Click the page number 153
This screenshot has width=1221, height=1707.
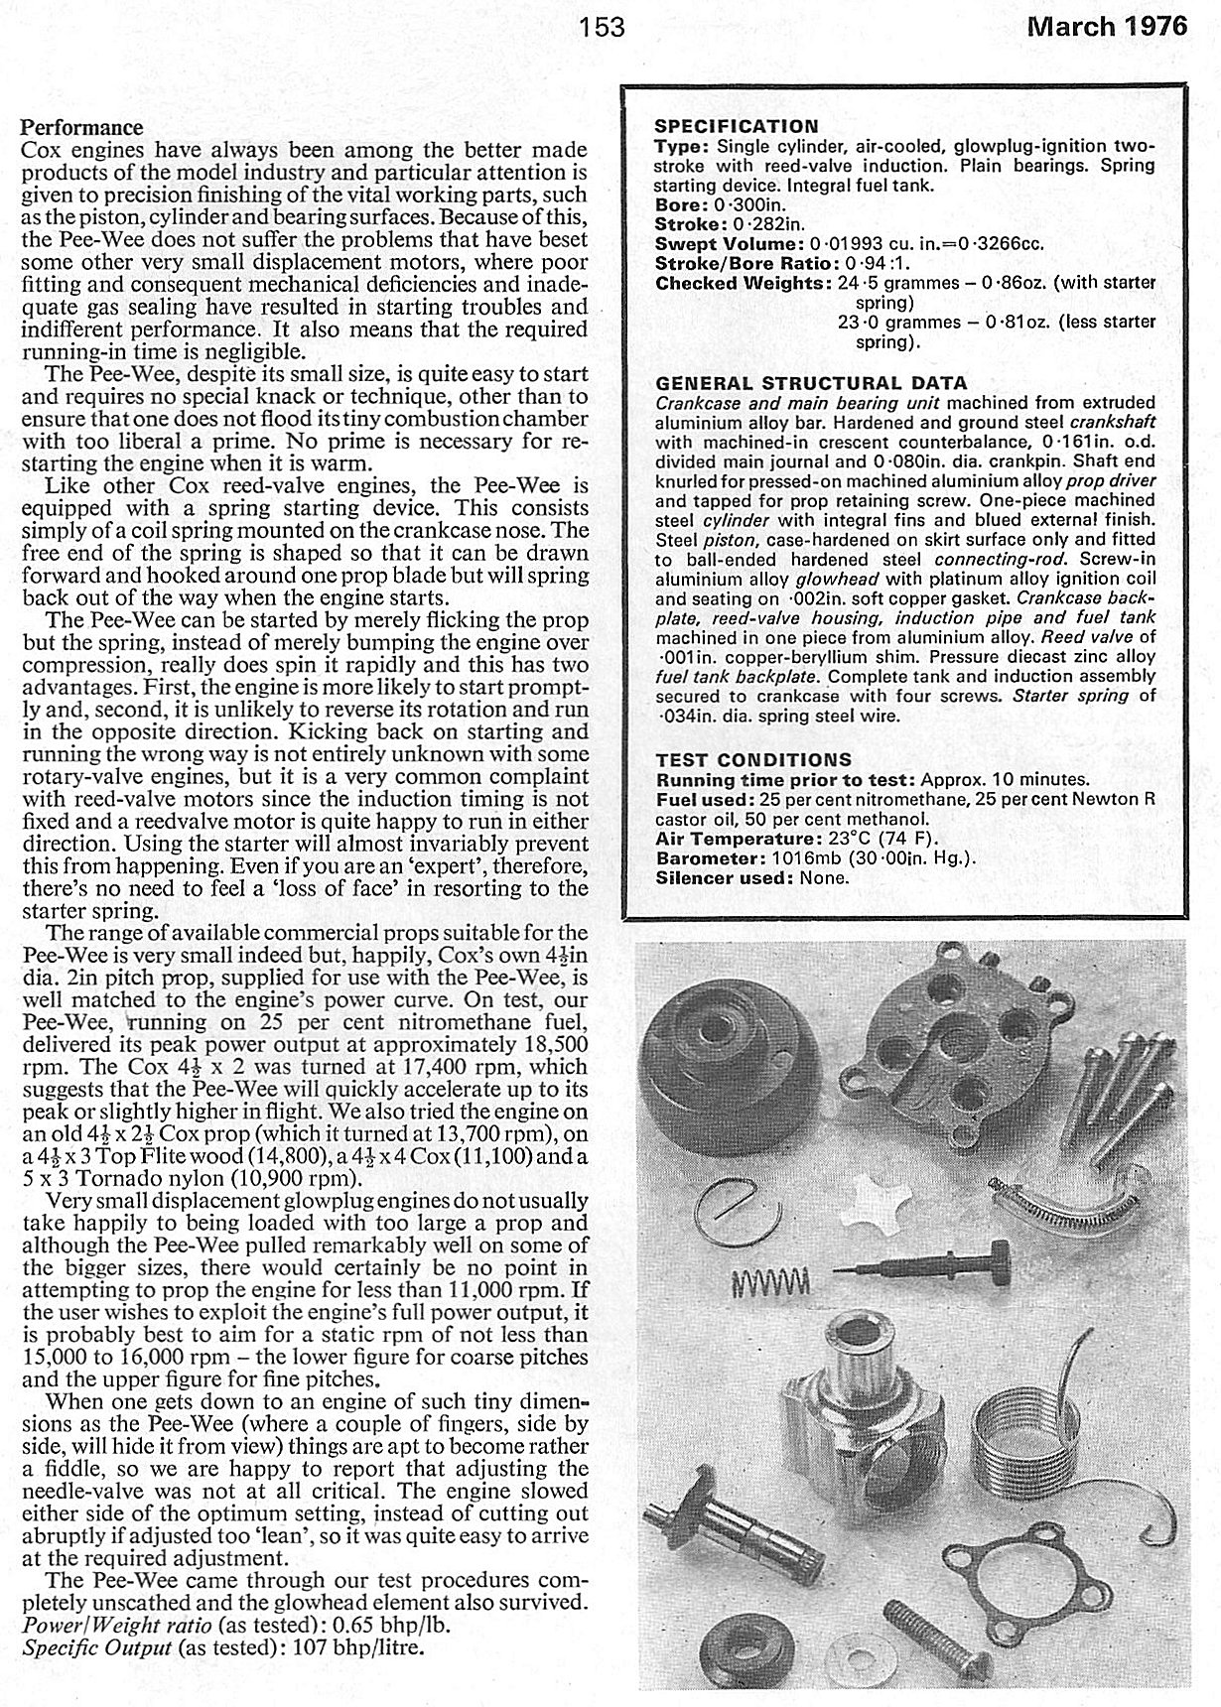point(604,26)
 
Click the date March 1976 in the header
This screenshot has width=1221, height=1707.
point(1107,26)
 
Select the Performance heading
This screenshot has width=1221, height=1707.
point(82,128)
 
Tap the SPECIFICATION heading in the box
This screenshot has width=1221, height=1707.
point(737,126)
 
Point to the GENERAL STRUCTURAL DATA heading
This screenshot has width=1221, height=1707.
point(811,383)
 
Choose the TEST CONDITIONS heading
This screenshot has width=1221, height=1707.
point(753,760)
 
